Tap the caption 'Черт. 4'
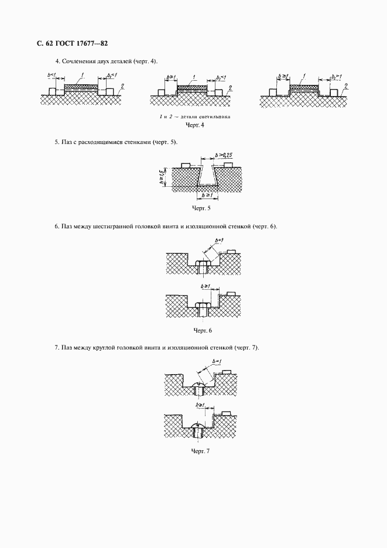tap(193, 125)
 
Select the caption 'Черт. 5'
tap(201, 208)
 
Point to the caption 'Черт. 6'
tap(201, 331)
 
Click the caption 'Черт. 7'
tap(201, 450)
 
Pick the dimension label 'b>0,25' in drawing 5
tap(224, 155)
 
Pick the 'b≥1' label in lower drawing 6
tap(206, 285)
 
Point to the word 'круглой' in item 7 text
tap(107, 348)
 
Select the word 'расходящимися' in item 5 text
tap(101, 142)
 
